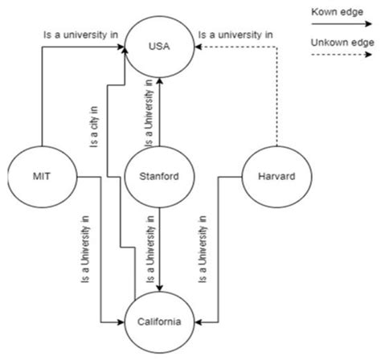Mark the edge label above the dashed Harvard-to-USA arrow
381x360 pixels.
[x=236, y=35]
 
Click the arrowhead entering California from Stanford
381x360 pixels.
[x=160, y=288]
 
